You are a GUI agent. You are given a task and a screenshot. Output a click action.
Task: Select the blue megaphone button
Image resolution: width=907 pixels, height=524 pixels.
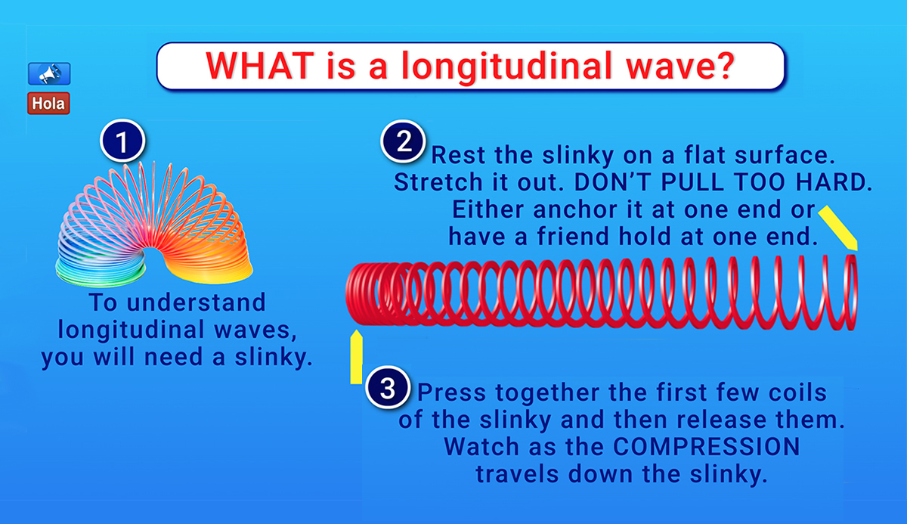click(49, 73)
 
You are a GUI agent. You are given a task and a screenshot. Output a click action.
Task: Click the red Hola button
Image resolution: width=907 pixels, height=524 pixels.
click(49, 103)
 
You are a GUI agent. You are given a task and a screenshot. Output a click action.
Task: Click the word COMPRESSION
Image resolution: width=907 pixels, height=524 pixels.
click(705, 446)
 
